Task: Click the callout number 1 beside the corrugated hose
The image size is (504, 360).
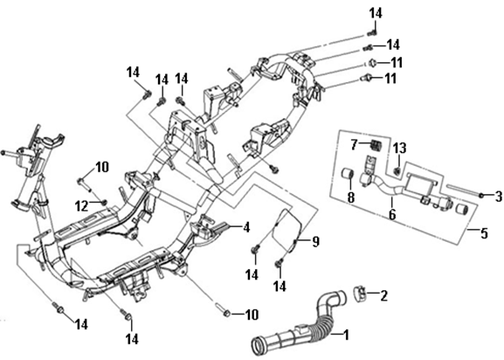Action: point(346,335)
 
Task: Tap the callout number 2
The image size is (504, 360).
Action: point(383,295)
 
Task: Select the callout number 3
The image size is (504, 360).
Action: point(499,197)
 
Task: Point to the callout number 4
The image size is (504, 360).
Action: point(246,227)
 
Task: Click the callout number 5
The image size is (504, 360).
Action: point(484,233)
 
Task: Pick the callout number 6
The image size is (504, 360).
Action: point(392,214)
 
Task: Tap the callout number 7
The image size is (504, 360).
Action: point(355,145)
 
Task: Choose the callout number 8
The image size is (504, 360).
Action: point(351,197)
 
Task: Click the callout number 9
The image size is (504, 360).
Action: point(316,242)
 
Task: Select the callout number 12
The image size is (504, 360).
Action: point(81,206)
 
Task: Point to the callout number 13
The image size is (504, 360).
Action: point(400,149)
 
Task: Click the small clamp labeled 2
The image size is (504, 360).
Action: point(361,293)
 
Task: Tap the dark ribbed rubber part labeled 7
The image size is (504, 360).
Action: point(375,145)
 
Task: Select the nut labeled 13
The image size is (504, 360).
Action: point(397,172)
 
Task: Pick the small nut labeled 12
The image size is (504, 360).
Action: point(104,202)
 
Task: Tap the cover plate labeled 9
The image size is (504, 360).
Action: point(287,230)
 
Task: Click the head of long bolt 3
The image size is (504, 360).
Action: point(481,196)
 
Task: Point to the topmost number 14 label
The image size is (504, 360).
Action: point(376,13)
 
